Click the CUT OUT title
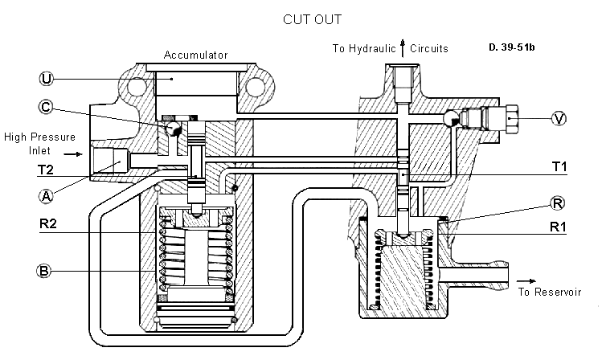[312, 19]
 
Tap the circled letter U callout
[47, 79]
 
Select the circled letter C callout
[46, 107]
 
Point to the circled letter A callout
[46, 197]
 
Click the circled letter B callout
[43, 271]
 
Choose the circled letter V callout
[559, 119]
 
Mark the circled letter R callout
[557, 203]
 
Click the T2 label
[45, 170]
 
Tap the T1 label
[559, 166]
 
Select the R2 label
[48, 223]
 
